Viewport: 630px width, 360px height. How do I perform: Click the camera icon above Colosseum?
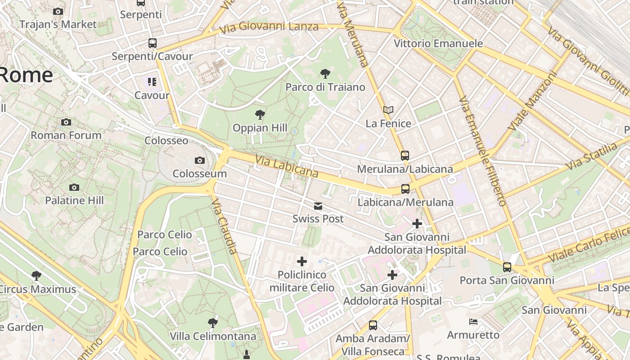click(199, 160)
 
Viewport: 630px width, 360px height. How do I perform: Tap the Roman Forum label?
click(66, 135)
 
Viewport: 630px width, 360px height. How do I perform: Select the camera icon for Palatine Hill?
click(74, 187)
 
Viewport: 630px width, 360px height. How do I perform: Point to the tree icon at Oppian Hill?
click(260, 115)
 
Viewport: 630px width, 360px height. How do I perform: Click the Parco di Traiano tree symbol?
click(325, 74)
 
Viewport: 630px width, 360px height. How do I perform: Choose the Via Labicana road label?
click(287, 166)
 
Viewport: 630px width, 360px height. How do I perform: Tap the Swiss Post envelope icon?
click(318, 206)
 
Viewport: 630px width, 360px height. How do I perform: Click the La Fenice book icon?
click(388, 110)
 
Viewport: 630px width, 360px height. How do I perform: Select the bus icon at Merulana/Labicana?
click(405, 156)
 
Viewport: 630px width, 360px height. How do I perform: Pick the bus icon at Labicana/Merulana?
click(405, 189)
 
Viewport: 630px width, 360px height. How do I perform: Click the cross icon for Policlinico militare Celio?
click(302, 261)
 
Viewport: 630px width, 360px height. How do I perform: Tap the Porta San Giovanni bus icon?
click(507, 267)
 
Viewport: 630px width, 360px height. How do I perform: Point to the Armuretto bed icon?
click(473, 322)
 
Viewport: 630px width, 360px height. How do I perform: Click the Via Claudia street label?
click(224, 226)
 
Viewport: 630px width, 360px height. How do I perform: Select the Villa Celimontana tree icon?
click(213, 323)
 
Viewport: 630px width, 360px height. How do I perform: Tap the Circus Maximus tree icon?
click(36, 275)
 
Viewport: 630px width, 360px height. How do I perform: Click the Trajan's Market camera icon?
click(58, 11)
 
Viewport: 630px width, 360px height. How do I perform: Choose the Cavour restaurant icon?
click(152, 82)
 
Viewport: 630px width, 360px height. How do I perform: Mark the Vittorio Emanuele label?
click(438, 44)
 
